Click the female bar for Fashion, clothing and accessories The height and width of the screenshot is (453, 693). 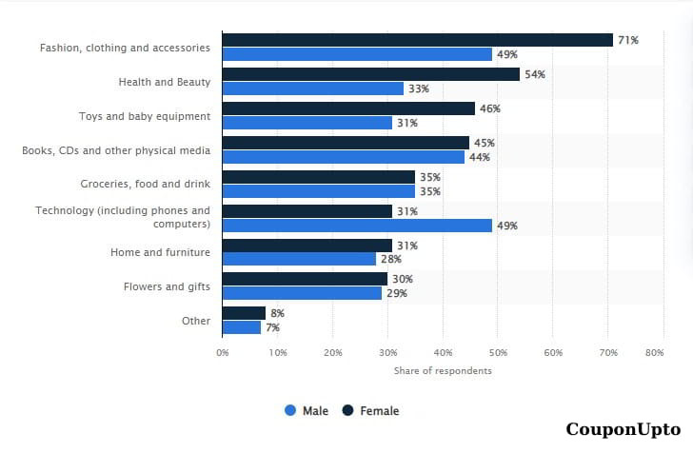coord(417,40)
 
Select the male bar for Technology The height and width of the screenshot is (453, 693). coord(357,226)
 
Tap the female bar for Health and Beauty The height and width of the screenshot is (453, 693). coord(370,74)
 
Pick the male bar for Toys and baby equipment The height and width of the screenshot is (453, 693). coord(307,123)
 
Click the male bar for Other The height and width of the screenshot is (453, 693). coord(241,327)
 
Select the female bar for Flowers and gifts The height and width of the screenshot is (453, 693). coord(305,279)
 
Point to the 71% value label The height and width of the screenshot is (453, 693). coord(627,40)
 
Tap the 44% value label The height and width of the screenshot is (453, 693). coord(479,157)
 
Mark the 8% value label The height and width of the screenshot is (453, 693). coord(277,313)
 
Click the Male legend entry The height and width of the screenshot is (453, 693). coord(307,411)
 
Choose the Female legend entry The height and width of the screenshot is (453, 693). coord(370,411)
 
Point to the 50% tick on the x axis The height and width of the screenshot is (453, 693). coord(498,352)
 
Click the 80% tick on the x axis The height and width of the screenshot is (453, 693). coord(654,352)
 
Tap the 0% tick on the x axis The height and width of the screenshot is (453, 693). coord(223,352)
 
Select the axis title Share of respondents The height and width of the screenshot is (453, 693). coord(443,370)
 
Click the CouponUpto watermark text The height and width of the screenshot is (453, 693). coord(623,429)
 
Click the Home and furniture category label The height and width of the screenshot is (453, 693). coord(160,252)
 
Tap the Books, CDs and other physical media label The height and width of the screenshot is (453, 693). coord(116,150)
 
